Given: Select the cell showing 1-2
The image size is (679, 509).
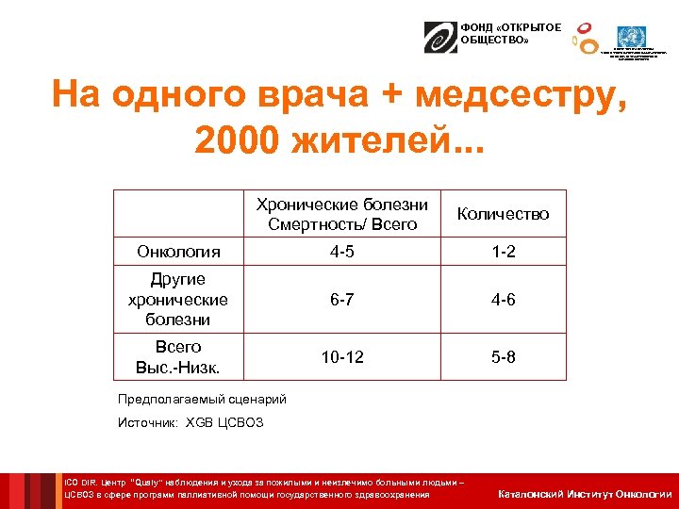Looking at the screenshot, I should pyautogui.click(x=503, y=252).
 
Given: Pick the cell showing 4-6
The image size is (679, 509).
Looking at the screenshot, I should pyautogui.click(x=503, y=300).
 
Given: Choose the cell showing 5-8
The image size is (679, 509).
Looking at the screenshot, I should pyautogui.click(x=503, y=357).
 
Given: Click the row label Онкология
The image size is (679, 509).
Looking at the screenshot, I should pyautogui.click(x=178, y=252).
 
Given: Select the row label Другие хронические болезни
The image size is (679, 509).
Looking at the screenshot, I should pyautogui.click(x=178, y=300).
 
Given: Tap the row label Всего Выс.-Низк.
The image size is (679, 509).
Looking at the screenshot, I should pyautogui.click(x=178, y=357).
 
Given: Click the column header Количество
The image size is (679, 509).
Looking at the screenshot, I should pyautogui.click(x=503, y=214).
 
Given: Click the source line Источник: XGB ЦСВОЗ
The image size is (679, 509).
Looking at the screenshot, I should pyautogui.click(x=190, y=422).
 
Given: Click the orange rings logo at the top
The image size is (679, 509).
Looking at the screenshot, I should pyautogui.click(x=586, y=37).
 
